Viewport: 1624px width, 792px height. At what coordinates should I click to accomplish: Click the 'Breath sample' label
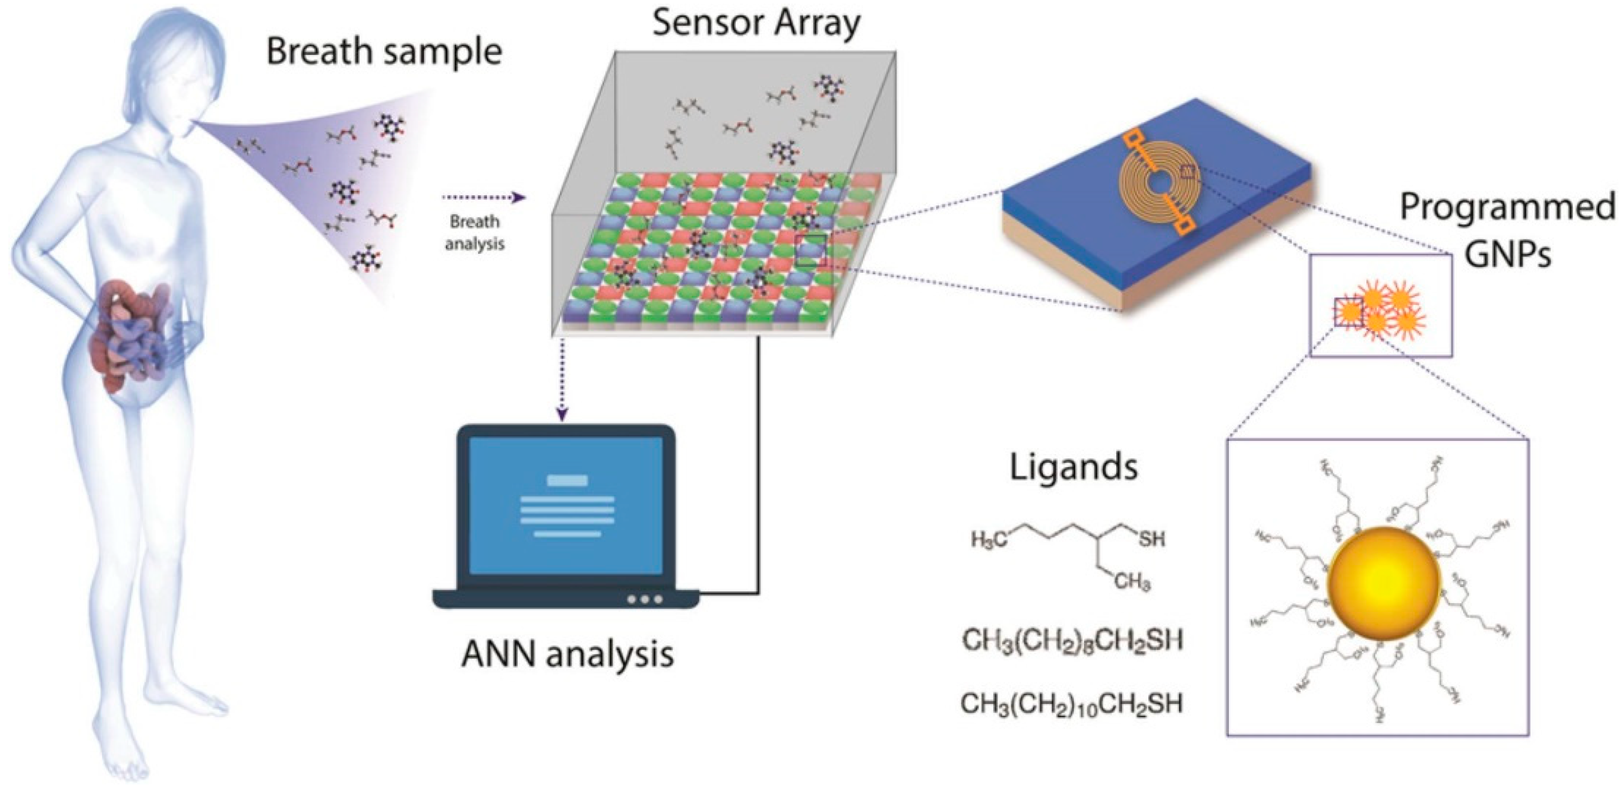[383, 52]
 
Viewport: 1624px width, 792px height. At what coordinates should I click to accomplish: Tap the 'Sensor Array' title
[756, 23]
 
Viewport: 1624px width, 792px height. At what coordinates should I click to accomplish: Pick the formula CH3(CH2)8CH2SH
[1072, 641]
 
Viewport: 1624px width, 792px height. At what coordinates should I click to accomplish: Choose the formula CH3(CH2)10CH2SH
[1071, 703]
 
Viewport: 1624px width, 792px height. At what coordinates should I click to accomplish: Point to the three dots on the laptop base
[644, 599]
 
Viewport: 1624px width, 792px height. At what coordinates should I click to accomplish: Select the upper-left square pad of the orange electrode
[1132, 138]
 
